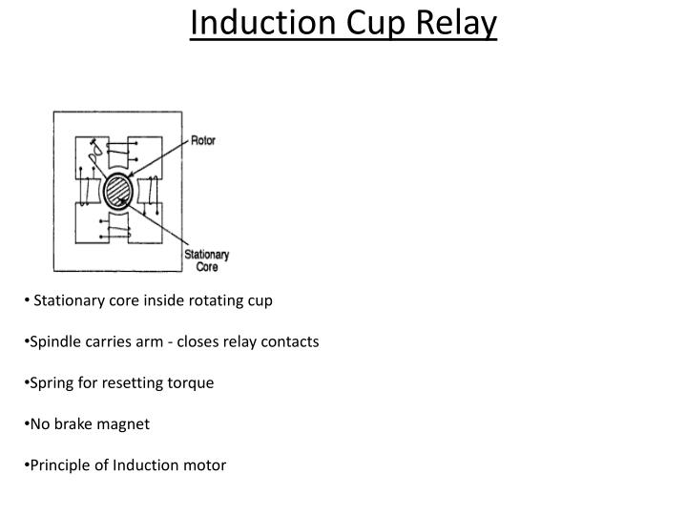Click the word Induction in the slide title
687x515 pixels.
(250, 23)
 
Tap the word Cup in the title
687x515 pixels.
(358, 23)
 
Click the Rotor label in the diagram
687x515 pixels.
(203, 140)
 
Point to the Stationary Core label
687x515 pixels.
(207, 260)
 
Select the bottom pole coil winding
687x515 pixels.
(118, 229)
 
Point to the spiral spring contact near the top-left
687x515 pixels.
(94, 150)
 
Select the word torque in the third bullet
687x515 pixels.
(193, 382)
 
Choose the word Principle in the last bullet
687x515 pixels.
(59, 464)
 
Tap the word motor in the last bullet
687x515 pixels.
(206, 464)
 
